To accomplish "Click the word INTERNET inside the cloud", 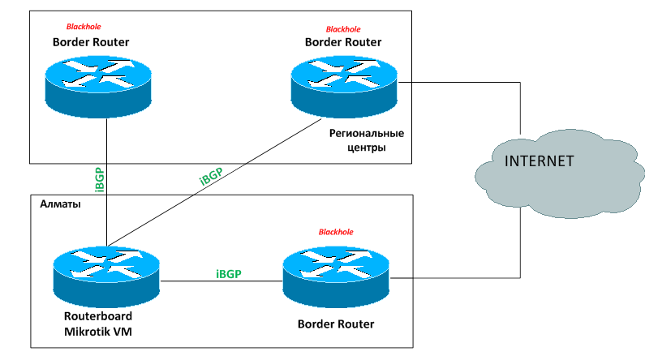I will (x=539, y=161).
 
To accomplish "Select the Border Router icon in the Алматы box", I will (x=337, y=277).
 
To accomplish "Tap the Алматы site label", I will (x=60, y=204).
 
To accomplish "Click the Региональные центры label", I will (x=366, y=140).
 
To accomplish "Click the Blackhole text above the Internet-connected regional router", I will (x=343, y=29).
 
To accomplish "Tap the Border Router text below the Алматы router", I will (x=337, y=324).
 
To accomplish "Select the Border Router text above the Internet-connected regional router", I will (x=343, y=42).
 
